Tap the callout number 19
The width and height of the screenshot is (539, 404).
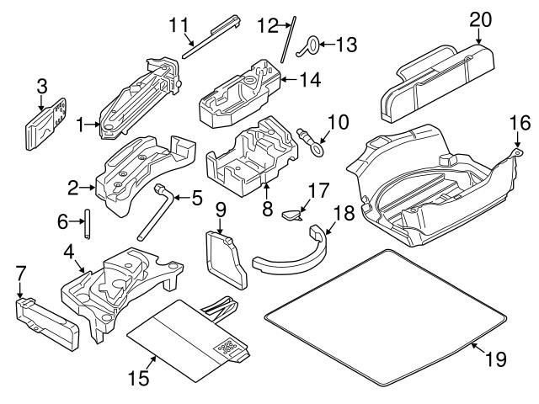(x=497, y=359)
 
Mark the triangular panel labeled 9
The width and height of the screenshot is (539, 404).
(x=228, y=257)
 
